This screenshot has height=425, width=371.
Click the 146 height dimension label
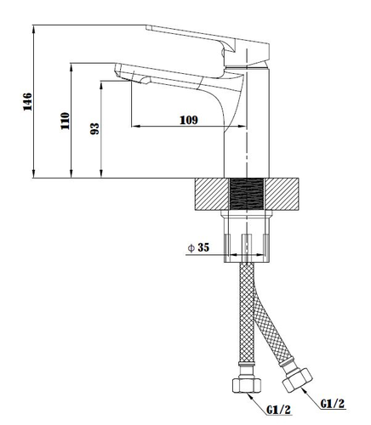pyautogui.click(x=28, y=102)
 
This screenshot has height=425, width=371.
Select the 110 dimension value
pyautogui.click(x=65, y=121)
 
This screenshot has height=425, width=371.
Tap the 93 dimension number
pyautogui.click(x=95, y=128)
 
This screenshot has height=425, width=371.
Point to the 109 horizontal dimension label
pyautogui.click(x=189, y=120)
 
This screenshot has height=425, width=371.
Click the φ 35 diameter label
pyautogui.click(x=198, y=247)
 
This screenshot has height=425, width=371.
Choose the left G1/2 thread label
pyautogui.click(x=279, y=410)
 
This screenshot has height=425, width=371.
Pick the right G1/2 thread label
pyautogui.click(x=333, y=404)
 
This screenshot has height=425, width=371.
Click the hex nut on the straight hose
pyautogui.click(x=247, y=384)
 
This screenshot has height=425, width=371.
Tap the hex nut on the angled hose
pyautogui.click(x=297, y=380)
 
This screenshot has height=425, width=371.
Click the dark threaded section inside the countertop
pyautogui.click(x=247, y=195)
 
